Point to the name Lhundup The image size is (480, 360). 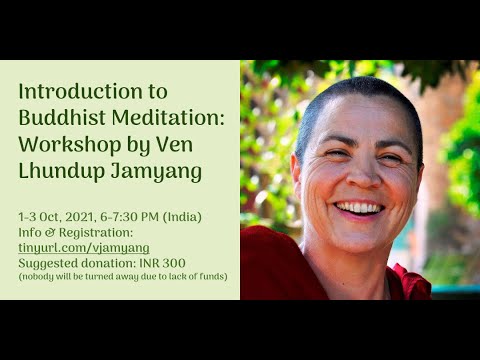65,172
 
